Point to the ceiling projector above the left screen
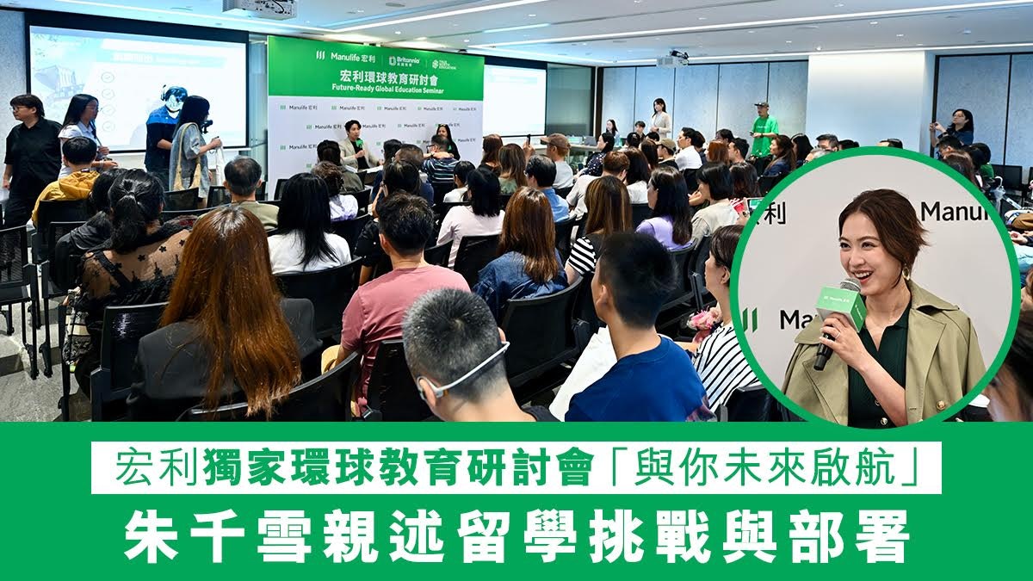[x=259, y=8]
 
